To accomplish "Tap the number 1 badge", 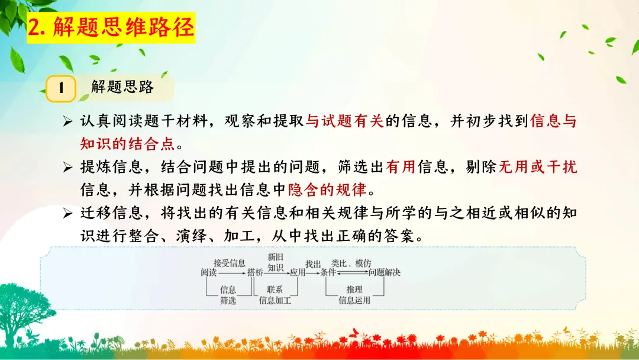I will tap(61, 88).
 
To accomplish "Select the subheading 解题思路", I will tap(122, 88).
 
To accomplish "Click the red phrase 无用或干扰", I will tap(530, 168).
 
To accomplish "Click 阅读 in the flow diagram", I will tap(208, 272).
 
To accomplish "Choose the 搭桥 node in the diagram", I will tap(255, 272).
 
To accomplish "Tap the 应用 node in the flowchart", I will tap(297, 272).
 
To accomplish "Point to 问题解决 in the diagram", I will tap(385, 272).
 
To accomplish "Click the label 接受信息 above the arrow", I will tap(229, 263).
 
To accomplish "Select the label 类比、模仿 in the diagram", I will tap(351, 263).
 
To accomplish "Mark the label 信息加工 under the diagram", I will tap(275, 300).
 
